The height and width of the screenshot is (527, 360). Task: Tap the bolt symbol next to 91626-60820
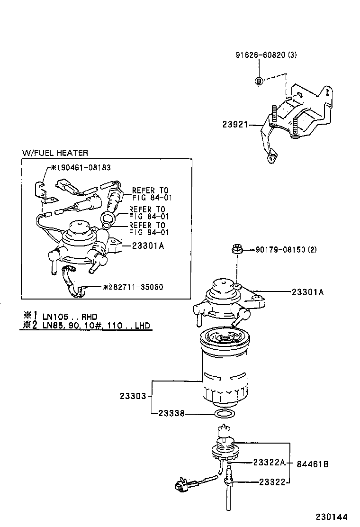[x=259, y=81]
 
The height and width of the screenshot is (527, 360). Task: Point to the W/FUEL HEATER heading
[x=55, y=153]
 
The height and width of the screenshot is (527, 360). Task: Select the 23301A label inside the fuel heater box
[x=148, y=245]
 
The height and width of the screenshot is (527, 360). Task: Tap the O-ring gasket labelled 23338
[x=223, y=415]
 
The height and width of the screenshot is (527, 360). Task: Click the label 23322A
[x=269, y=462]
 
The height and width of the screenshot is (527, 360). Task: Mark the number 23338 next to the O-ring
[x=170, y=414]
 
